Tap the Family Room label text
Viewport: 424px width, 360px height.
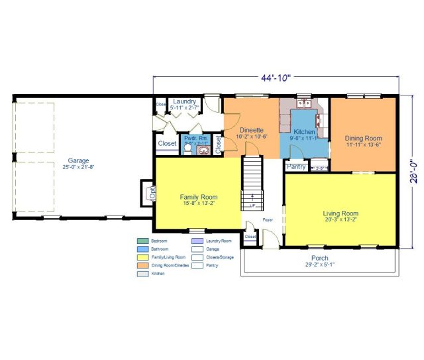coord(199,197)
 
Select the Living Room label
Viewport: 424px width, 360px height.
coord(341,213)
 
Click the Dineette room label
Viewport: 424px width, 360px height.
coord(252,131)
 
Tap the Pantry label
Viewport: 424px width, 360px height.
coord(295,166)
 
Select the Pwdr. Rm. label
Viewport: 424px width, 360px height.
coord(196,138)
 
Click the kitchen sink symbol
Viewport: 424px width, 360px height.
coord(305,103)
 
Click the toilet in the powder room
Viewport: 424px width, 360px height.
coord(187,150)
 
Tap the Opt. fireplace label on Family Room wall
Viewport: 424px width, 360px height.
coord(152,194)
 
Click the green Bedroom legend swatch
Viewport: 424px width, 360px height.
coord(142,241)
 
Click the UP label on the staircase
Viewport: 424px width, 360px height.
coord(252,206)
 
